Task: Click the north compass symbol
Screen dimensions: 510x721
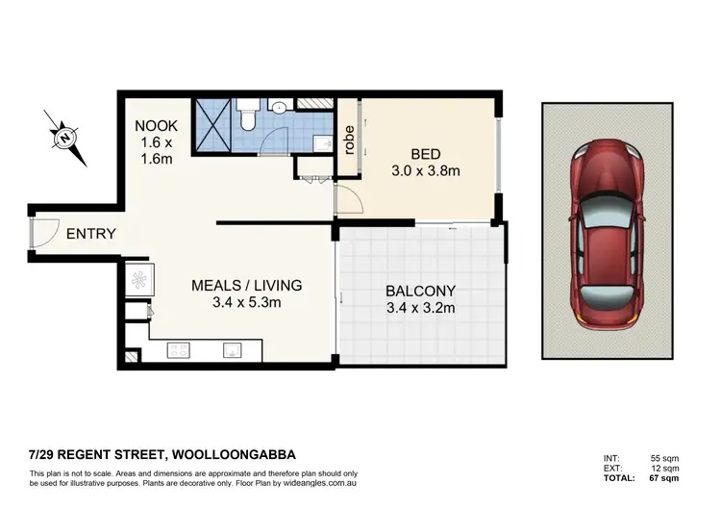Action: pyautogui.click(x=65, y=139)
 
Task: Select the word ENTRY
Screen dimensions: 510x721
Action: pyautogui.click(x=90, y=234)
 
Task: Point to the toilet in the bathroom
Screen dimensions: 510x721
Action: pyautogui.click(x=248, y=116)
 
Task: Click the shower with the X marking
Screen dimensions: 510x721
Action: pyautogui.click(x=214, y=125)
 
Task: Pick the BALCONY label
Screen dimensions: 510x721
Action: pyautogui.click(x=420, y=291)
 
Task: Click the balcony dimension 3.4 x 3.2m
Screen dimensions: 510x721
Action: pyautogui.click(x=420, y=309)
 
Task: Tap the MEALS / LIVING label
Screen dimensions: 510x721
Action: pyautogui.click(x=246, y=285)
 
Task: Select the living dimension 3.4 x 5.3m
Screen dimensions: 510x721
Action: pyautogui.click(x=246, y=304)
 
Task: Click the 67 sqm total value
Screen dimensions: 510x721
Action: pyautogui.click(x=667, y=478)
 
